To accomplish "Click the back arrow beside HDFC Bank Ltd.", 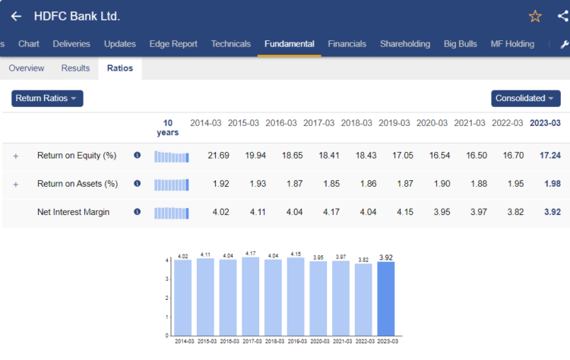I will pyautogui.click(x=16, y=16).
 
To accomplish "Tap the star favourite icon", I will pyautogui.click(x=535, y=16).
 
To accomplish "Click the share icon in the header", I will pyautogui.click(x=562, y=16).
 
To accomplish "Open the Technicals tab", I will pyautogui.click(x=231, y=44).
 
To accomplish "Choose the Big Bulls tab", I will pyautogui.click(x=461, y=44).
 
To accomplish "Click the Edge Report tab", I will pyautogui.click(x=174, y=44).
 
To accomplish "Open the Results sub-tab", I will pyautogui.click(x=75, y=68).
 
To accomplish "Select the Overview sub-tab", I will pyautogui.click(x=26, y=68).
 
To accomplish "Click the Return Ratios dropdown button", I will pyautogui.click(x=47, y=99).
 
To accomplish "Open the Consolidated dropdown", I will pyautogui.click(x=526, y=99).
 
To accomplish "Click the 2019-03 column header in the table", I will pyautogui.click(x=394, y=123).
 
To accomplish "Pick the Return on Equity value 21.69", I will pyautogui.click(x=218, y=156).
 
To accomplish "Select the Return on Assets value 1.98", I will pyautogui.click(x=551, y=184).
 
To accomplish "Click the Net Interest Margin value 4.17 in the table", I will pyautogui.click(x=318, y=212).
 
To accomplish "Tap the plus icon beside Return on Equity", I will pyautogui.click(x=15, y=156).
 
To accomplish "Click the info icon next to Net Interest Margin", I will pyautogui.click(x=137, y=212).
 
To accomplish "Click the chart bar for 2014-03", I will pyautogui.click(x=183, y=297).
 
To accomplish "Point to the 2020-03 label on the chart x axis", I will pyautogui.click(x=318, y=342).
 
